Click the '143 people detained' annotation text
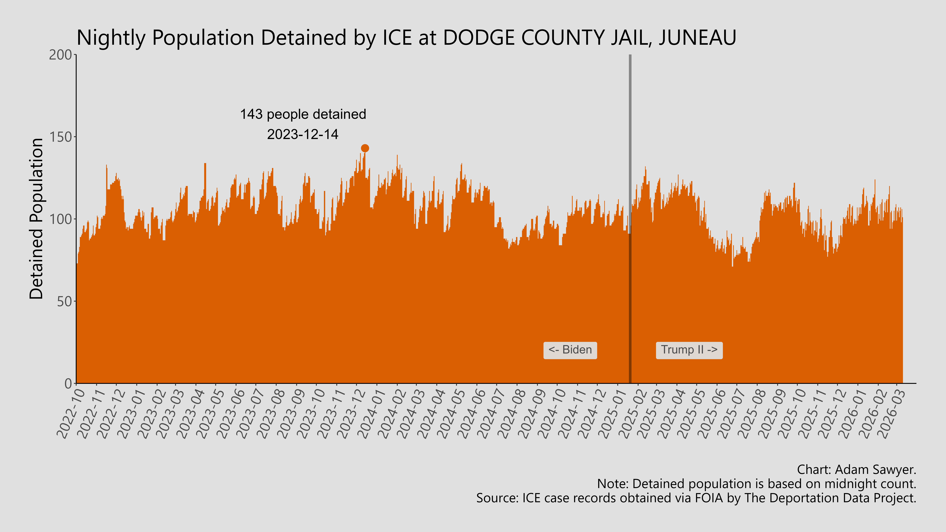[x=303, y=114]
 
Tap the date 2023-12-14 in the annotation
[x=303, y=134]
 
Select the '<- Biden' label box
[x=570, y=350]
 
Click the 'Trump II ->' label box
[x=689, y=350]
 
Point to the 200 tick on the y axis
[x=61, y=55]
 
